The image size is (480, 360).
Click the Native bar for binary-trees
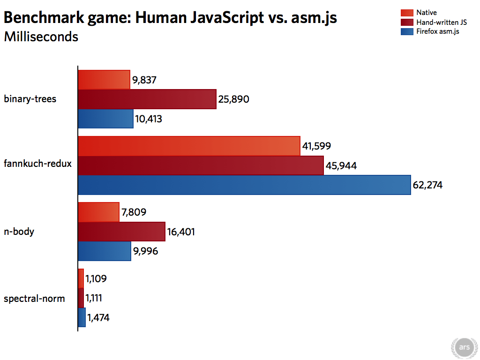(104, 80)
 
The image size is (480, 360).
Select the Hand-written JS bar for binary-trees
(147, 99)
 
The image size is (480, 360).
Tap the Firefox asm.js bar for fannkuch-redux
(244, 185)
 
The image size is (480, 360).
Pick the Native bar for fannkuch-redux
(189, 146)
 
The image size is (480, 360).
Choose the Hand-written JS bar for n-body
(122, 232)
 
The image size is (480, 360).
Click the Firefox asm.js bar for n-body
(105, 251)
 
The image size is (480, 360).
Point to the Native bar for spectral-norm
(81, 278)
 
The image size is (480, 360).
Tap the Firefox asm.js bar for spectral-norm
(82, 317)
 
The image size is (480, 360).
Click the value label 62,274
(427, 185)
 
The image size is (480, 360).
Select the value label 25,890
(233, 99)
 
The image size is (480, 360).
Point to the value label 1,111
(94, 298)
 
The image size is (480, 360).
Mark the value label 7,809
(134, 212)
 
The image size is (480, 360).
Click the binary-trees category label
(30, 99)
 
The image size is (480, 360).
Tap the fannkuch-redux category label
(37, 164)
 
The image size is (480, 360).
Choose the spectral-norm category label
(34, 299)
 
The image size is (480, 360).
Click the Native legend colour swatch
(407, 13)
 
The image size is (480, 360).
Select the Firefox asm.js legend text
(438, 32)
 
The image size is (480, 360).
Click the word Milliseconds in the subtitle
(41, 37)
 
